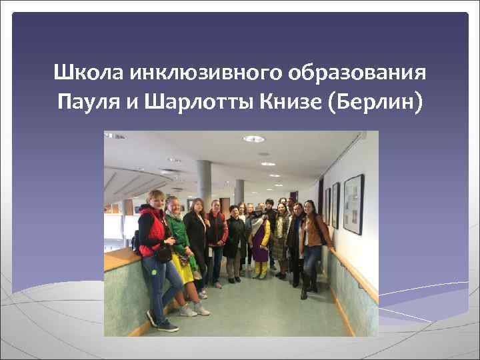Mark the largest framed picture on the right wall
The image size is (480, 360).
[353, 204]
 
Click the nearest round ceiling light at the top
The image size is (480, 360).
[253, 139]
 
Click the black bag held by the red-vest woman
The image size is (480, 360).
[163, 253]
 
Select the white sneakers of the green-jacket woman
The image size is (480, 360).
[193, 309]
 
